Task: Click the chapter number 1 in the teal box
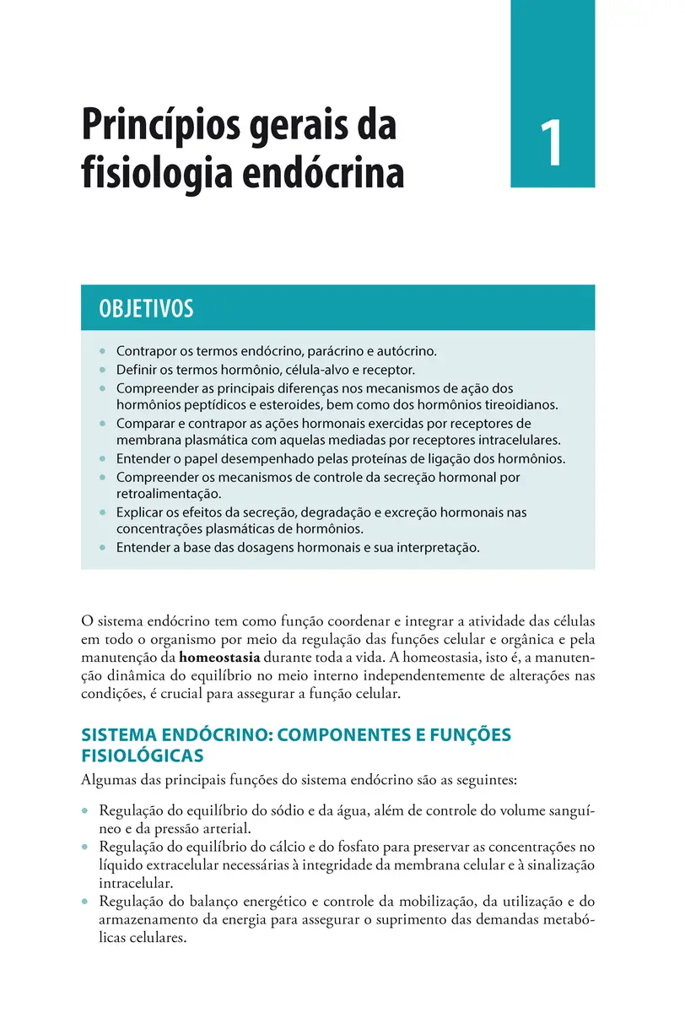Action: (552, 144)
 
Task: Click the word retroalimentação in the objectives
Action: (168, 494)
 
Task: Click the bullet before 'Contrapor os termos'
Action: (102, 350)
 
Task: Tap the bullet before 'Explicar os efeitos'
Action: (102, 512)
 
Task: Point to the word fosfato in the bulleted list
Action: (328, 847)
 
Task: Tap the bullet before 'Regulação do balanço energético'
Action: (85, 902)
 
